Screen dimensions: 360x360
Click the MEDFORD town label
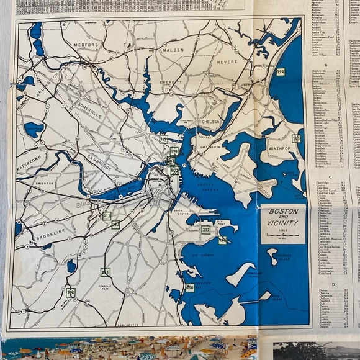pyautogui.click(x=86, y=45)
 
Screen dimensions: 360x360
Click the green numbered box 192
pyautogui.click(x=281, y=73)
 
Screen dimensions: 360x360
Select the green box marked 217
pyautogui.click(x=205, y=230)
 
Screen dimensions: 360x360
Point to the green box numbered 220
pyautogui.click(x=71, y=292)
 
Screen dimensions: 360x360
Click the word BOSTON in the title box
pyautogui.click(x=283, y=211)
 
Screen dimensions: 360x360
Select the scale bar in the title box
pyautogui.click(x=283, y=236)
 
